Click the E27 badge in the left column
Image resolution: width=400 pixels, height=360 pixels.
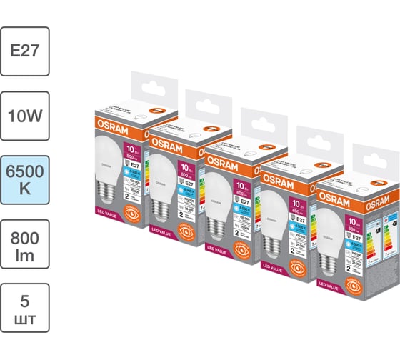coord(25,51)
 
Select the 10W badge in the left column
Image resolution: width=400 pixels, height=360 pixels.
coord(25,115)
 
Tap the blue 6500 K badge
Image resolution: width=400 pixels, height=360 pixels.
coord(25,179)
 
